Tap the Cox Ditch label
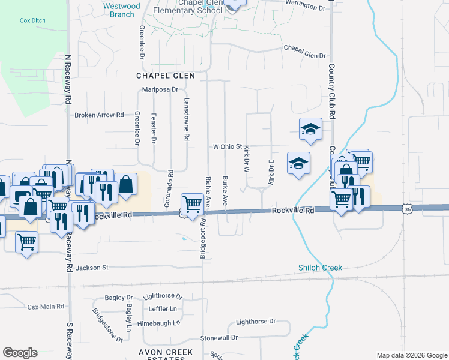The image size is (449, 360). click(x=32, y=20)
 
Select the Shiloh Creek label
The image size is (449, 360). click(x=320, y=268)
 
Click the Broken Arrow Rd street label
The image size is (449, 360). click(x=99, y=115)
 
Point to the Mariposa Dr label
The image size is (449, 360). click(x=160, y=90)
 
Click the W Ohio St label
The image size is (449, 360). click(x=228, y=146)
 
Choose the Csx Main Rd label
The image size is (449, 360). click(x=46, y=307)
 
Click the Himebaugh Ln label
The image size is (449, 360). click(x=158, y=323)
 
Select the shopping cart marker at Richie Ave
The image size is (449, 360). click(x=192, y=204)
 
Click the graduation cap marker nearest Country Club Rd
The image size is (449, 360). click(x=310, y=129)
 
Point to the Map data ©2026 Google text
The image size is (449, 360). click(x=411, y=355)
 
